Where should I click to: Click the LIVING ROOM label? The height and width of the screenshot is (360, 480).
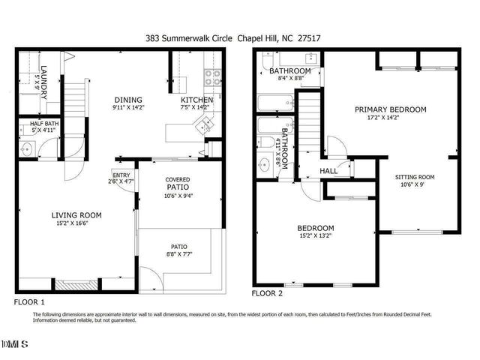click(76, 215)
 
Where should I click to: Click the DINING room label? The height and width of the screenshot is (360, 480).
click(128, 100)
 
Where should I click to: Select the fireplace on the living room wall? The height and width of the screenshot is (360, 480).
click(76, 285)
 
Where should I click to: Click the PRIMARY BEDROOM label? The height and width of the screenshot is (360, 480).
click(391, 109)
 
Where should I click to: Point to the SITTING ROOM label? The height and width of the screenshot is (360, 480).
click(415, 178)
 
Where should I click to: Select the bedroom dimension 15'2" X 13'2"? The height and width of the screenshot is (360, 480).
click(319, 236)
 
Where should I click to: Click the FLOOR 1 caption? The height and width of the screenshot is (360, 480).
click(31, 301)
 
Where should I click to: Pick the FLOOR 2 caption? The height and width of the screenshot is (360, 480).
click(267, 294)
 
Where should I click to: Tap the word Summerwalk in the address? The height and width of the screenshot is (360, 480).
click(192, 37)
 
